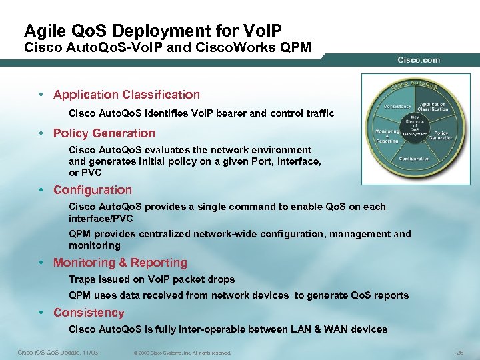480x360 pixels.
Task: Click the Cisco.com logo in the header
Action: pyautogui.click(x=419, y=59)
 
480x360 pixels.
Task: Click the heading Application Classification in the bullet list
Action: pyautogui.click(x=126, y=95)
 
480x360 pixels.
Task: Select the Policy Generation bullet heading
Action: pyautogui.click(x=104, y=133)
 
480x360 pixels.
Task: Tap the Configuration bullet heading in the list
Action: pyautogui.click(x=93, y=190)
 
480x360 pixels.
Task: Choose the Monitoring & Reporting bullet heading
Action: pyautogui.click(x=120, y=263)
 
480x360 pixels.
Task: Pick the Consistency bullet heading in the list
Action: pyautogui.click(x=89, y=313)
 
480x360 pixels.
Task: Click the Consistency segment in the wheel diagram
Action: pyautogui.click(x=397, y=107)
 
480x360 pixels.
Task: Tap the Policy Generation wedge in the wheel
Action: pyautogui.click(x=441, y=134)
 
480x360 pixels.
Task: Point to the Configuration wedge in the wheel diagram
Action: pyautogui.click(x=414, y=159)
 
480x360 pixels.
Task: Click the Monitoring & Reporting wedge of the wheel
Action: pyautogui.click(x=387, y=136)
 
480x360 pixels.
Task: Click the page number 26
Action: pyautogui.click(x=458, y=352)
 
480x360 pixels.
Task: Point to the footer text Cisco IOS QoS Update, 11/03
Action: pyautogui.click(x=57, y=352)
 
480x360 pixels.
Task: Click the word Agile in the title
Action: pyautogui.click(x=40, y=31)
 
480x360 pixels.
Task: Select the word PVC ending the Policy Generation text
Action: pyautogui.click(x=92, y=173)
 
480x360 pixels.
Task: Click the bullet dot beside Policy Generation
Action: pyautogui.click(x=41, y=134)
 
